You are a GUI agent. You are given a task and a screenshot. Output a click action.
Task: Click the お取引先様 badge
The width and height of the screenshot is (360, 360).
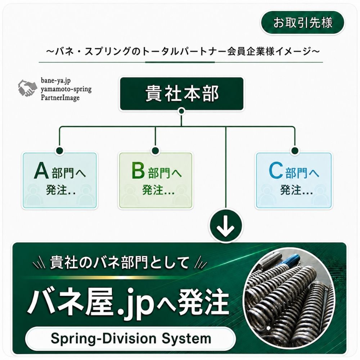pyautogui.click(x=302, y=23)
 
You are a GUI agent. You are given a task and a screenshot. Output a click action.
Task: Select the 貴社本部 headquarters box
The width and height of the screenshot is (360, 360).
pyautogui.click(x=181, y=94)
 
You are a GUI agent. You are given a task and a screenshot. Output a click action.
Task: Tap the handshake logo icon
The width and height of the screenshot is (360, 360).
pyautogui.click(x=27, y=88)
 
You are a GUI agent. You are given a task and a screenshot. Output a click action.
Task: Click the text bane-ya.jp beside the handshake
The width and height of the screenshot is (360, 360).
pyautogui.click(x=56, y=80)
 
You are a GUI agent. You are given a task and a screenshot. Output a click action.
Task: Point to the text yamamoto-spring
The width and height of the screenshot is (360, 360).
pyautogui.click(x=66, y=89)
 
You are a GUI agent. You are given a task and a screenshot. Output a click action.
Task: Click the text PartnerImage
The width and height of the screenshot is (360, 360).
pyautogui.click(x=60, y=98)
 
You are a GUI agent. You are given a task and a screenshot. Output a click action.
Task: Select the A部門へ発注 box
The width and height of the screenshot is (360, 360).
pyautogui.click(x=60, y=180)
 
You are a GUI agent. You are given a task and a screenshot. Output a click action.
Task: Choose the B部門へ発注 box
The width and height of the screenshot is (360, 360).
pyautogui.click(x=156, y=180)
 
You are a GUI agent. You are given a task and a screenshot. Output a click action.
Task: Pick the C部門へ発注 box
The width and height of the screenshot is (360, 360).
pyautogui.click(x=294, y=180)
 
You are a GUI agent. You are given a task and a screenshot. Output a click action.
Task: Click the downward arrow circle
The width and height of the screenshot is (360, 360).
pyautogui.click(x=226, y=225)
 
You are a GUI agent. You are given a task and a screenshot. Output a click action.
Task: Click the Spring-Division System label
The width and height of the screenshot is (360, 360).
pyautogui.click(x=131, y=338)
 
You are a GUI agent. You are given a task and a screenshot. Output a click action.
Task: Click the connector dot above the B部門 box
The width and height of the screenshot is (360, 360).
pyautogui.click(x=156, y=151)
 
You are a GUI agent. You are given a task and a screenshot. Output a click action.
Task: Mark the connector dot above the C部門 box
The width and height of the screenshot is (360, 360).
pyautogui.click(x=294, y=151)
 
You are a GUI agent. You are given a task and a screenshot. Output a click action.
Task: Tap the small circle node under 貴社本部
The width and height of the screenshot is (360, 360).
pyautogui.click(x=181, y=111)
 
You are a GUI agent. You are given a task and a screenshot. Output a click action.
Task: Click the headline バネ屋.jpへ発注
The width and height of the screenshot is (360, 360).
pyautogui.click(x=129, y=301)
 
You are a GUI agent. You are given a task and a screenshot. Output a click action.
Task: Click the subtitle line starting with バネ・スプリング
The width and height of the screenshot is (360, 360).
pyautogui.click(x=183, y=51)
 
